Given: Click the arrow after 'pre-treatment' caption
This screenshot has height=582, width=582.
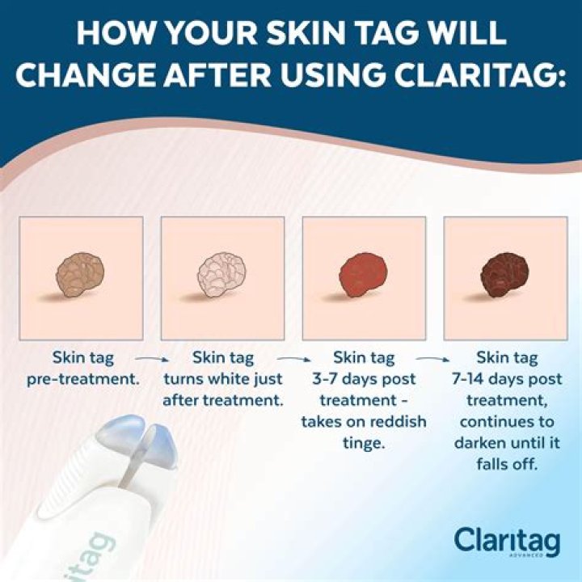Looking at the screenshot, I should (x=150, y=356).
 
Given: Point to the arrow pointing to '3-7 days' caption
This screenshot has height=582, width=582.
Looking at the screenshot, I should (x=293, y=356).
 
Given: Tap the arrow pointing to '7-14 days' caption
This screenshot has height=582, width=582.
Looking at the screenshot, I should (x=433, y=356).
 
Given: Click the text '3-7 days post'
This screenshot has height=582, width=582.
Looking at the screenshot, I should (x=364, y=378).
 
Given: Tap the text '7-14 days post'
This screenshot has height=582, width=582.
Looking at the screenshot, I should (x=505, y=378).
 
